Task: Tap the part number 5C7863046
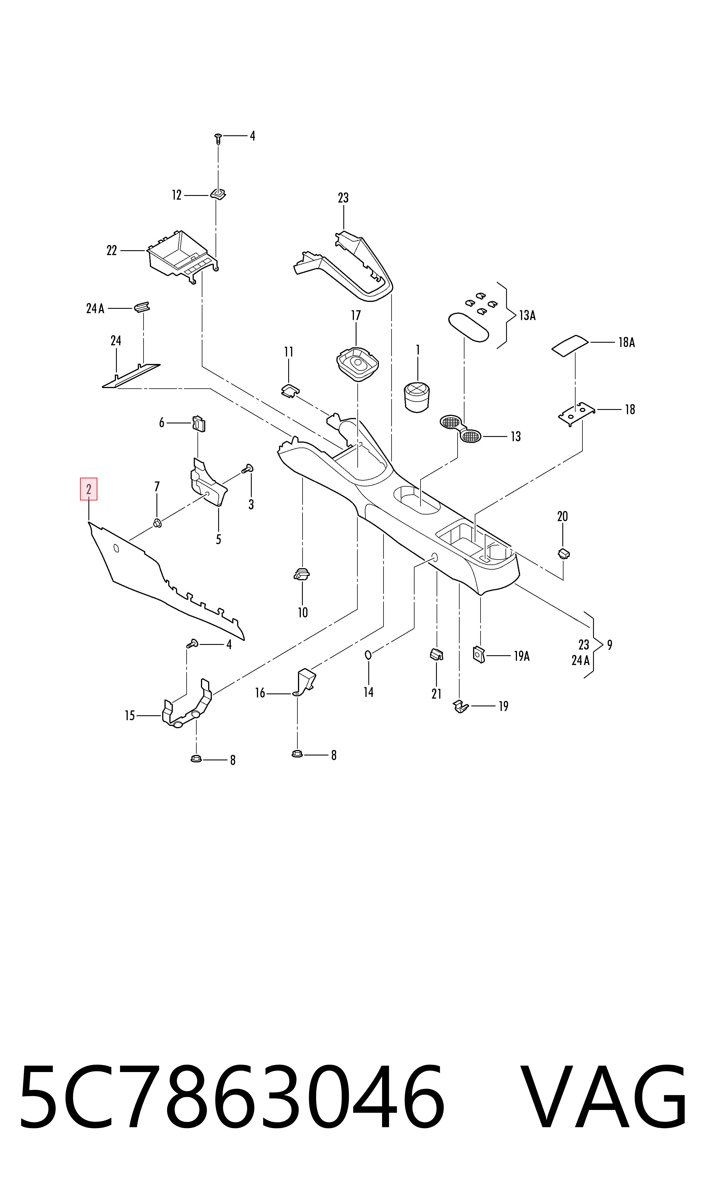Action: coord(232,1097)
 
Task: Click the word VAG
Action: coord(603,1097)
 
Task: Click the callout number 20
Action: coord(563,516)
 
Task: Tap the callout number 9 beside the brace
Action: coord(609,645)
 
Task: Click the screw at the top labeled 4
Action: coord(218,139)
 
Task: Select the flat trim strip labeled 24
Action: coord(131,376)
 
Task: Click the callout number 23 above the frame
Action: coord(343,198)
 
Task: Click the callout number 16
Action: coord(260,693)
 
